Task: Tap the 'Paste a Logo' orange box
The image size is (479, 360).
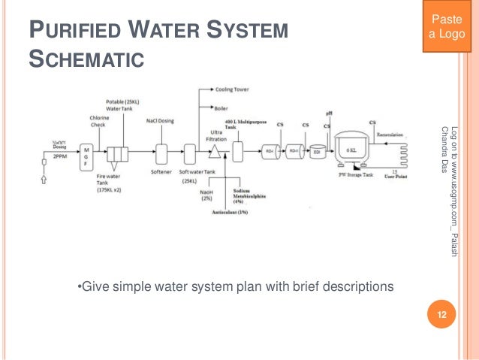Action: point(450,26)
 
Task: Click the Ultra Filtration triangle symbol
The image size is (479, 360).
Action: point(215,152)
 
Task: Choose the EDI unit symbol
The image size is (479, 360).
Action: point(318,151)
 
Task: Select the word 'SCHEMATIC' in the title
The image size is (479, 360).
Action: point(86,58)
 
